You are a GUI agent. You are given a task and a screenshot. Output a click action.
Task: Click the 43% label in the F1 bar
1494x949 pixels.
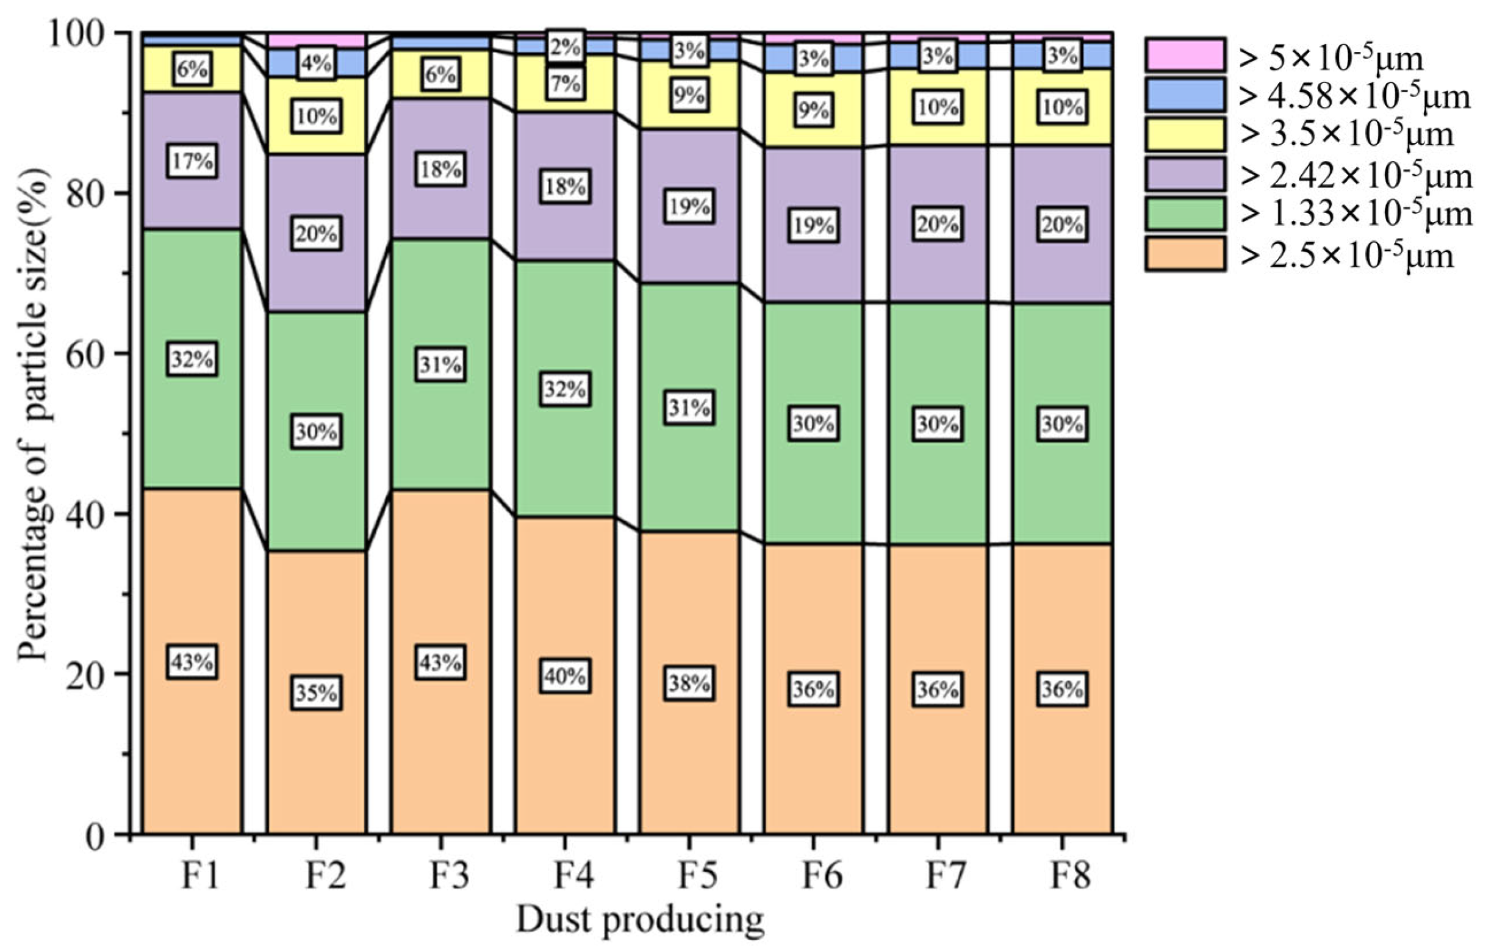click(192, 662)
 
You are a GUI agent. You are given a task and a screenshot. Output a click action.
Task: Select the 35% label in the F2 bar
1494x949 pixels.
click(316, 693)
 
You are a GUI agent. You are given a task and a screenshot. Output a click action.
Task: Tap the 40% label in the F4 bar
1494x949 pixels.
click(564, 676)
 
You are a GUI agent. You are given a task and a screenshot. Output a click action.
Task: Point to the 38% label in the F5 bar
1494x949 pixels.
click(689, 684)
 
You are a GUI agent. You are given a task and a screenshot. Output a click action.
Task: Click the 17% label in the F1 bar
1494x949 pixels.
click(192, 161)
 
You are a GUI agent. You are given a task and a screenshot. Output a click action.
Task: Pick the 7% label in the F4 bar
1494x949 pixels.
click(564, 83)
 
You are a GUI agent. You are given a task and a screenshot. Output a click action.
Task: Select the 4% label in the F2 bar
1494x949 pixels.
click(316, 63)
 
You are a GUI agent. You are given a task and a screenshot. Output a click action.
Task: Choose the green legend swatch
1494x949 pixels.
click(1185, 214)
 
